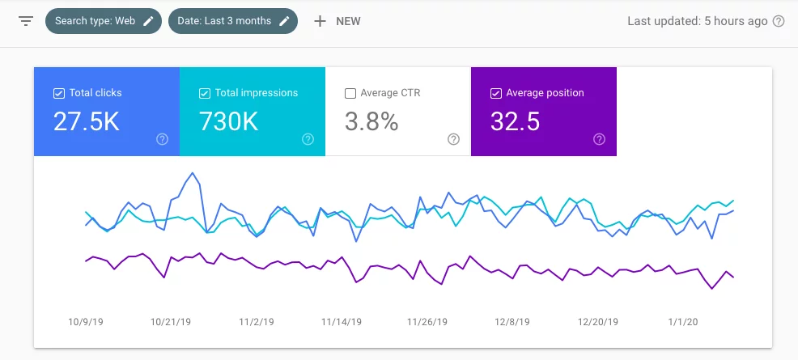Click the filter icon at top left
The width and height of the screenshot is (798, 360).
coord(26,21)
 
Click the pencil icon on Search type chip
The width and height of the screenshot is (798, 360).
coord(148,21)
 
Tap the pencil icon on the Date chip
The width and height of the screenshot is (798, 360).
coord(284,21)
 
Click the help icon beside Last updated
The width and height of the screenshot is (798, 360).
coord(779,22)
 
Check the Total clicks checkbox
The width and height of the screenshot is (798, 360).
coord(58,93)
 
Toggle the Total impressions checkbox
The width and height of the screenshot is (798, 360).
coord(204,93)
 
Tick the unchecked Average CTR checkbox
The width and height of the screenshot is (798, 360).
coord(350,93)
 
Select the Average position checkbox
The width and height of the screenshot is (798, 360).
coord(495,93)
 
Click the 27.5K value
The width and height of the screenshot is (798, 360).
coord(87,121)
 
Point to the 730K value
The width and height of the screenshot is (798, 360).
coord(229,121)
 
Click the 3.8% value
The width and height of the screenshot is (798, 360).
coord(371,121)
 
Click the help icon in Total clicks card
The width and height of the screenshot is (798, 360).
coord(162,139)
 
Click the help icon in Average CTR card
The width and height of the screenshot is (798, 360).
coord(453,139)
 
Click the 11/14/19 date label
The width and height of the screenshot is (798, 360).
coord(342,322)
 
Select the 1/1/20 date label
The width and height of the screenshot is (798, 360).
coord(683,322)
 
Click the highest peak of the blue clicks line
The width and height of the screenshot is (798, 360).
coord(192,172)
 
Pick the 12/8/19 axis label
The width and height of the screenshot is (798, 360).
coord(512,322)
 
